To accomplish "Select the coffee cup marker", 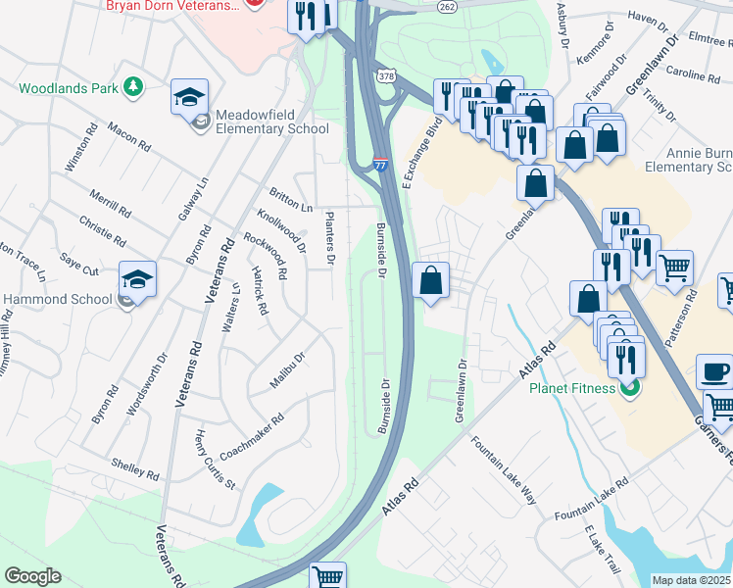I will tap(714, 372).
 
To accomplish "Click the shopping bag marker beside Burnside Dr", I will tap(431, 281).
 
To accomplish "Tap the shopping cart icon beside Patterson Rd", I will tap(675, 267).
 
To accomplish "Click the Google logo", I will tap(32, 576).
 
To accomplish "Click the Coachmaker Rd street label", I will tap(252, 436).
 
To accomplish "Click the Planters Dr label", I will tap(330, 238).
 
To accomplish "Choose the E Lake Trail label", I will tap(603, 549).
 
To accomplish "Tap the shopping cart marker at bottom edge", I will tap(328, 576).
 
